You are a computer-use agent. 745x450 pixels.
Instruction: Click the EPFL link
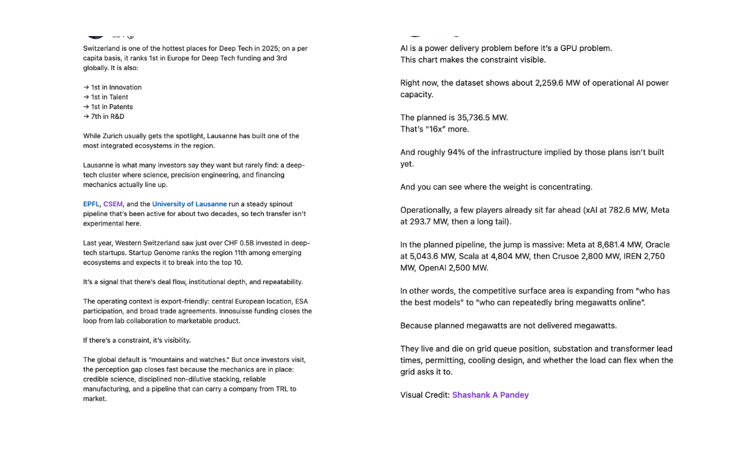point(91,204)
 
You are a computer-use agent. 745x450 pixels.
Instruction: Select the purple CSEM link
point(112,204)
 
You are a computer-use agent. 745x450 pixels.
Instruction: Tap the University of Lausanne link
point(189,204)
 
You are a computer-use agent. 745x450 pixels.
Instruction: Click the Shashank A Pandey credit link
point(490,395)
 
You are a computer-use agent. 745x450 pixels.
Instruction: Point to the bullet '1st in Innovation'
point(112,87)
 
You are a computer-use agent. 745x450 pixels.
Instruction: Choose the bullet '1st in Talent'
point(106,97)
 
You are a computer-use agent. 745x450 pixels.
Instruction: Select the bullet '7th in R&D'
point(104,116)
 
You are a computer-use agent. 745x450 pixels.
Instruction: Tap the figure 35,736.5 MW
point(482,118)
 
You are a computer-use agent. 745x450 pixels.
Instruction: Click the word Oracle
point(658,245)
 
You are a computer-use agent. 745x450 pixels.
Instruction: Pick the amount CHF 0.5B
point(214,243)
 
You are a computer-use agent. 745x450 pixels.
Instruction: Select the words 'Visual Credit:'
point(425,395)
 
